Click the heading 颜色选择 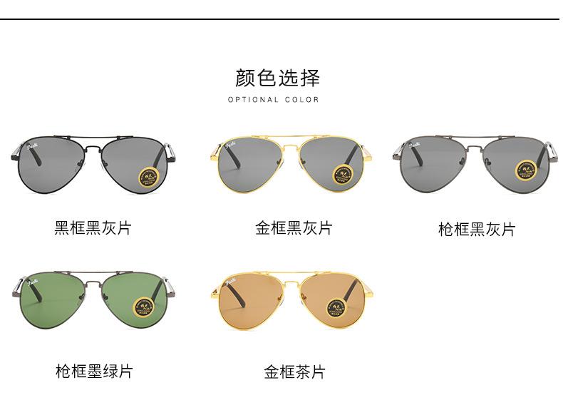277,78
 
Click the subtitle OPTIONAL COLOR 274,100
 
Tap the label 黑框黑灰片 93,228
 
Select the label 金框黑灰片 294,228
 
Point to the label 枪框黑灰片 476,229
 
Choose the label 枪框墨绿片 93,371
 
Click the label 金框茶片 294,371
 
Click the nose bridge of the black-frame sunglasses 93,145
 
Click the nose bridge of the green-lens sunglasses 93,283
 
